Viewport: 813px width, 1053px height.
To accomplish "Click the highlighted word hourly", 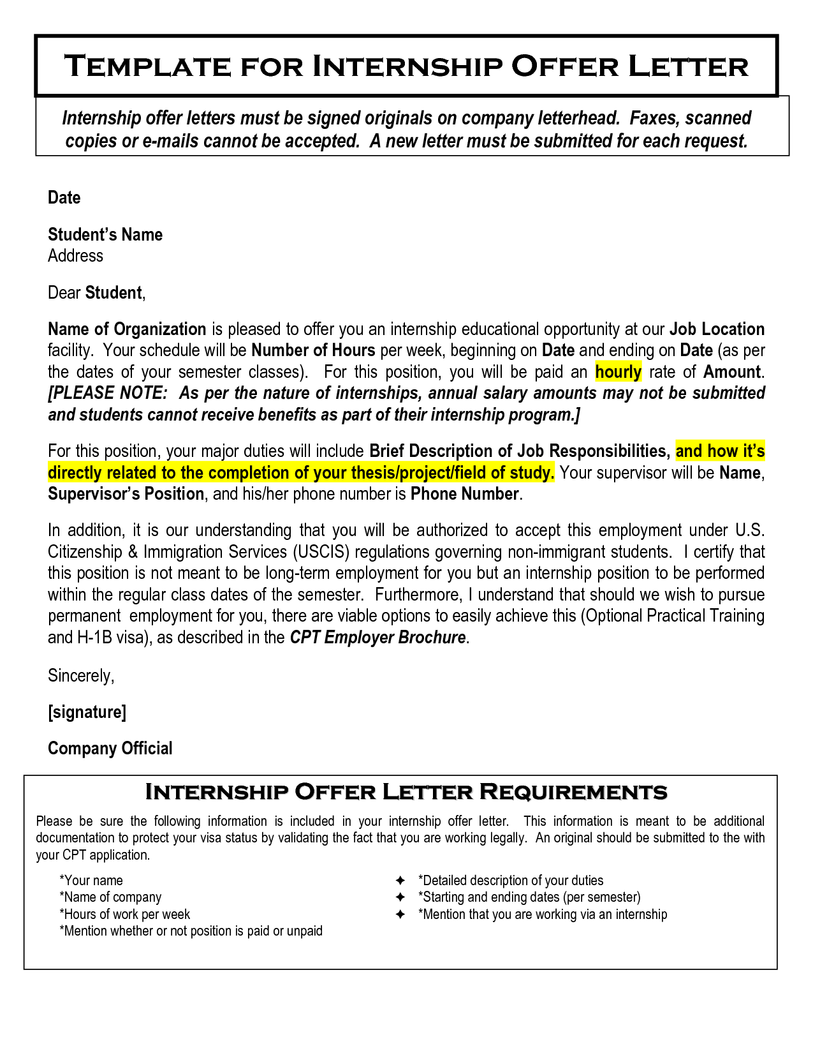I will click(618, 372).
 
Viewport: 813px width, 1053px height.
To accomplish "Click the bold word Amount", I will click(731, 372).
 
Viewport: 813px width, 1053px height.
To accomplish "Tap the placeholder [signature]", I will click(87, 712).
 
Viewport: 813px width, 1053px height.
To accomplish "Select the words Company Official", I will click(110, 749).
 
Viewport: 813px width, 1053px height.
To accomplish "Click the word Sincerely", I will click(80, 676).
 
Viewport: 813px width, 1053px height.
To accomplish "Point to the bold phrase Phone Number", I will click(464, 494).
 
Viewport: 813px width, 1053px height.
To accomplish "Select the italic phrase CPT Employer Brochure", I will click(377, 638).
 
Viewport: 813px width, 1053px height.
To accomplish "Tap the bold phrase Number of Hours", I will click(313, 350).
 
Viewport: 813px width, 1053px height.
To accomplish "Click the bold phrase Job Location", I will click(717, 329).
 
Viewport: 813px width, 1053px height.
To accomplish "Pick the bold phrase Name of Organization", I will click(127, 329).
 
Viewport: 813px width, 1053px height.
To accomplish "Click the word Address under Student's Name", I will click(75, 256).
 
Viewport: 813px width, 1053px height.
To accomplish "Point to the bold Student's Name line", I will click(105, 235).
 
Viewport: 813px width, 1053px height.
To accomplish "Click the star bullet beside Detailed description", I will click(400, 881).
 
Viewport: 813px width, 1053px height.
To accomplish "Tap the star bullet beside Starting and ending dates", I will click(400, 897).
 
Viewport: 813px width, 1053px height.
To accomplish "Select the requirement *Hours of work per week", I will click(125, 915).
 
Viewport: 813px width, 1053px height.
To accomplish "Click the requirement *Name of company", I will click(110, 897).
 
